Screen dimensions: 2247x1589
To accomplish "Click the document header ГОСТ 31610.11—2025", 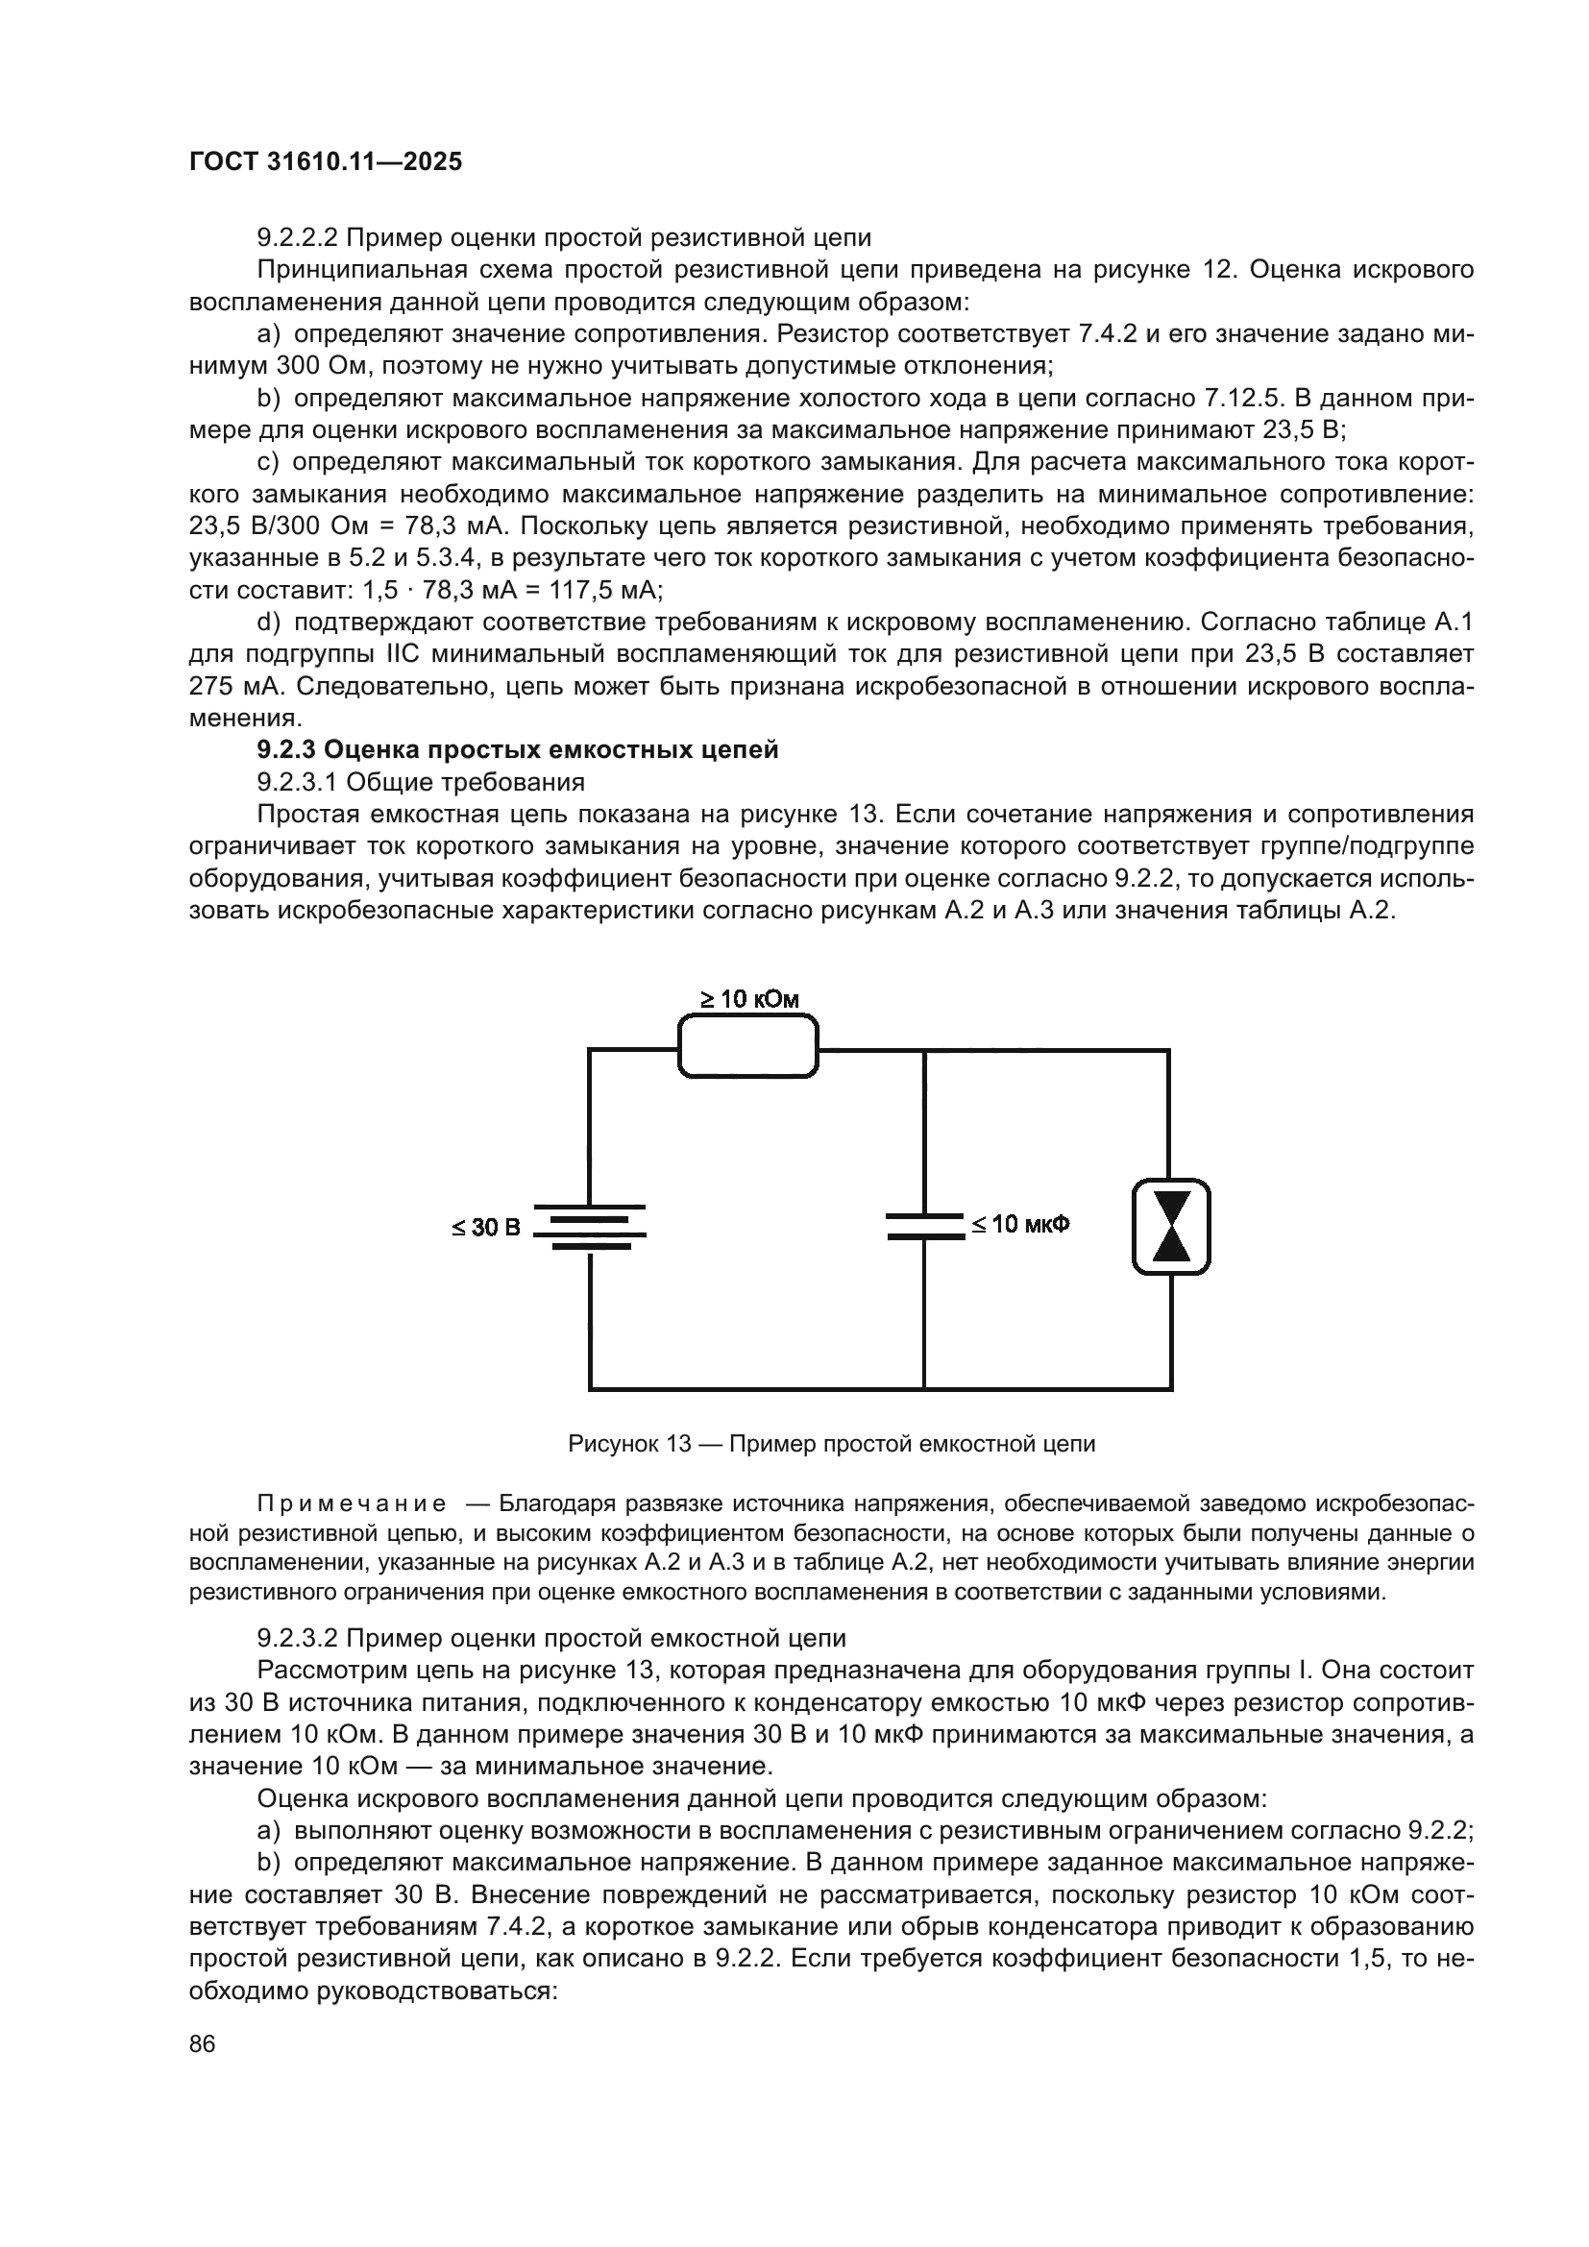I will [x=325, y=162].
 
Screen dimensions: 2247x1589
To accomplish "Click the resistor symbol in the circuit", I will [x=747, y=1047].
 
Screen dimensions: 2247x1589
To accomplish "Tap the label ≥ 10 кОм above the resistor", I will [x=749, y=999].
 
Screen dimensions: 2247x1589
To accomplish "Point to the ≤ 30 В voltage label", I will [x=486, y=1227].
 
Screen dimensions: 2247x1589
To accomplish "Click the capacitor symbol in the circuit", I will [x=923, y=1226].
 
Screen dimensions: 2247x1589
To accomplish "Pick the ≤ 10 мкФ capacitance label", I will [x=1020, y=1224].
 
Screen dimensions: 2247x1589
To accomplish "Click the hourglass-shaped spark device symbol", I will [x=1171, y=1226].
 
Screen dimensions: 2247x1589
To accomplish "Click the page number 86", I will [x=203, y=2043].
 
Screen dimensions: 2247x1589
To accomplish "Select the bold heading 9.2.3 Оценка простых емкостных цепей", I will [x=518, y=749].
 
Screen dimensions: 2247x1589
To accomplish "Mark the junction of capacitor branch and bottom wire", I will [x=923, y=1388].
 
